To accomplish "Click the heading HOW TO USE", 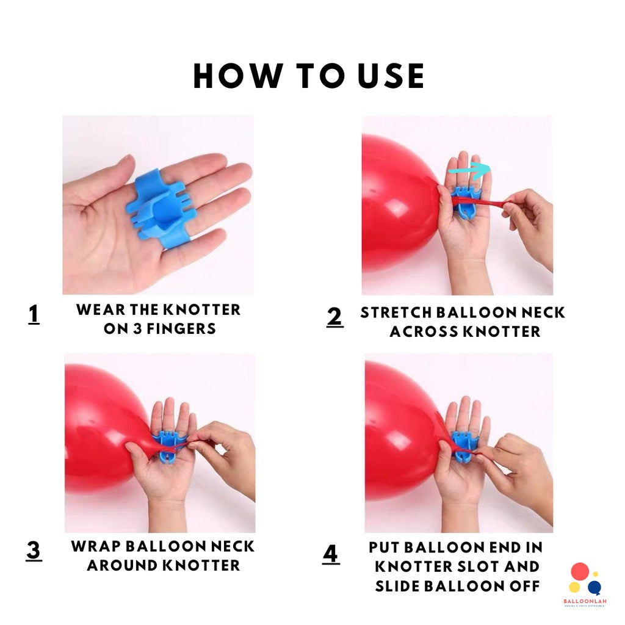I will click(309, 76).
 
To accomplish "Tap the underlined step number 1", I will click(34, 314).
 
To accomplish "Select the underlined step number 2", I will click(334, 317).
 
